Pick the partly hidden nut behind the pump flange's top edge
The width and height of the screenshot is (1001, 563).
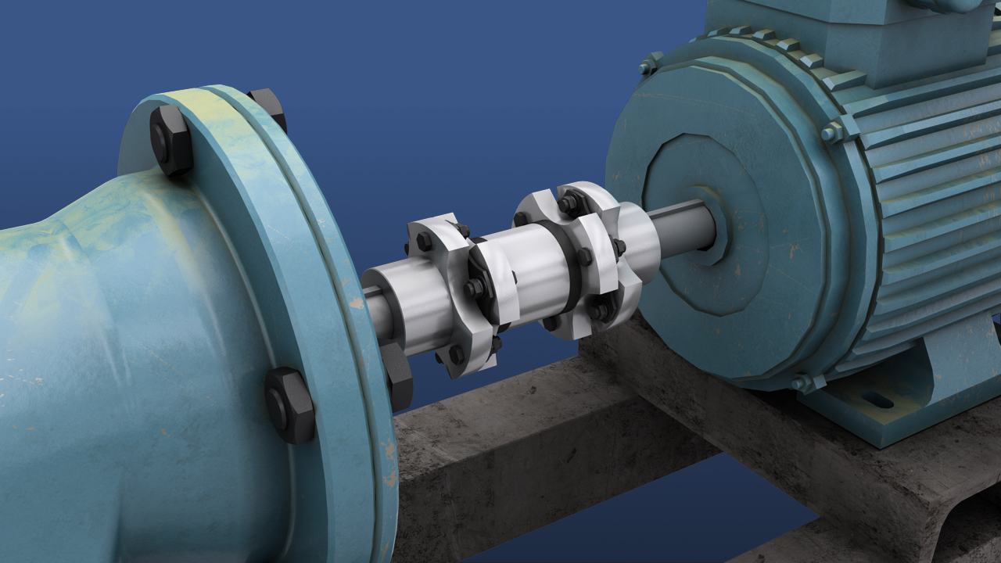tap(268, 106)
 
